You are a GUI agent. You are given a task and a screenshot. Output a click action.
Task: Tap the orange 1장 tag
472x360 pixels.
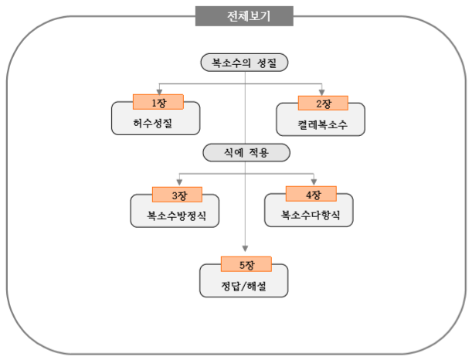[157, 101]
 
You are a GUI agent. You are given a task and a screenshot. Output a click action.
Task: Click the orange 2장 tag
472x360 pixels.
[323, 103]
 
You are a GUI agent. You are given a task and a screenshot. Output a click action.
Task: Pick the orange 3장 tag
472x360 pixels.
[177, 195]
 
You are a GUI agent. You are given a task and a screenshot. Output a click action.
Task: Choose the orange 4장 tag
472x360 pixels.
[311, 193]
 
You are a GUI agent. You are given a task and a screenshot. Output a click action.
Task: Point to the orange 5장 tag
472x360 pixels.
[246, 263]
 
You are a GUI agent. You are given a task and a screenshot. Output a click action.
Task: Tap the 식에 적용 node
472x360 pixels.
[246, 152]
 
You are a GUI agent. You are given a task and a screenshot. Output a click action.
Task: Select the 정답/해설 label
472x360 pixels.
[244, 284]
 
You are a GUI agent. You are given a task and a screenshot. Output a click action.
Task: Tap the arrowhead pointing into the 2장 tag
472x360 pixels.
[321, 92]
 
